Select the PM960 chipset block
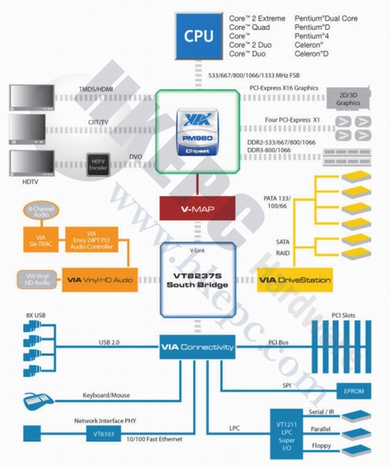click(194, 132)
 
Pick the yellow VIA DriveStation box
click(295, 279)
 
